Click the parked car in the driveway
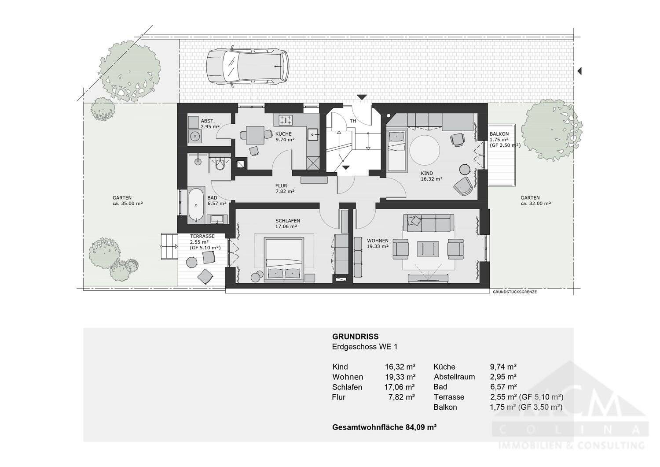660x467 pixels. coord(247,66)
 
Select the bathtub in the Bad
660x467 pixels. coord(195,205)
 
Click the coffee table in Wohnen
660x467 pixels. coord(428,249)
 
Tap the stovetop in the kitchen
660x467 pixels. coord(286,120)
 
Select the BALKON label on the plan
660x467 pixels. coord(499,134)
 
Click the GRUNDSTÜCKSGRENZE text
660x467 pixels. coord(514,292)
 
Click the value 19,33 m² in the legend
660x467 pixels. coord(400,377)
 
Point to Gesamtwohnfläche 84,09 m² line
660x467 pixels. coord(384,427)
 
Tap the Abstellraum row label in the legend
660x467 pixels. coord(454,377)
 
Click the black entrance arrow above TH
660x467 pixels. coord(362,97)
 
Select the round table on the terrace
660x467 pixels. coord(192,263)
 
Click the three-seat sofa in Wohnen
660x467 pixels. coord(429,223)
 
